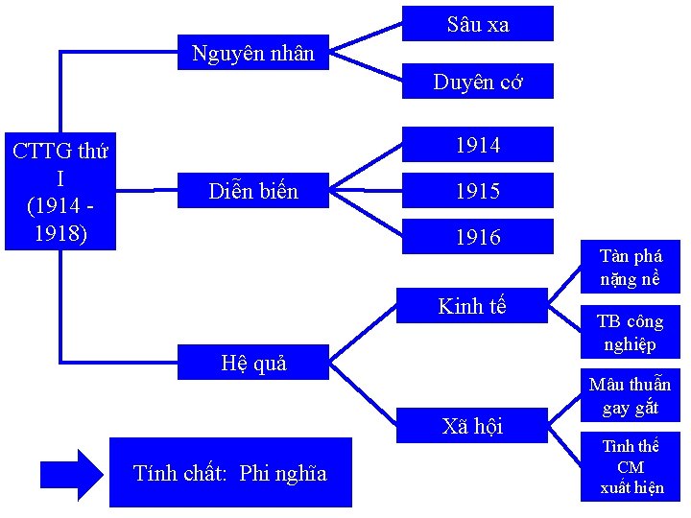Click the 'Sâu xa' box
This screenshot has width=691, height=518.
(x=477, y=24)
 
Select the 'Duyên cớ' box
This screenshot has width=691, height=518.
(x=477, y=82)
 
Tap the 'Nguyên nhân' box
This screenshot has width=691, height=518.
(x=253, y=53)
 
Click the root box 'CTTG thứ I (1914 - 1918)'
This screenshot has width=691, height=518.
(x=60, y=192)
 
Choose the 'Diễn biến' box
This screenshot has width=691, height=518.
(x=253, y=191)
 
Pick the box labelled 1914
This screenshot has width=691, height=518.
(x=477, y=145)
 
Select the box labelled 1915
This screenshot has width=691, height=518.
(x=477, y=191)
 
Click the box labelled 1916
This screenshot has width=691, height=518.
(x=477, y=236)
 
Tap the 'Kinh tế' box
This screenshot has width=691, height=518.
(x=471, y=306)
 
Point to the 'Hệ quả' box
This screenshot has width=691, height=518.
(x=253, y=363)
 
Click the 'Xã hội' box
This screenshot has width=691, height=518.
(x=471, y=426)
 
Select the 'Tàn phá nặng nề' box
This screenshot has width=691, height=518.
(x=631, y=268)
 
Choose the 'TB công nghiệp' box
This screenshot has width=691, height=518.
(x=631, y=332)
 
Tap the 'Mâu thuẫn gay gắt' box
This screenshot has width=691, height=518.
(x=631, y=395)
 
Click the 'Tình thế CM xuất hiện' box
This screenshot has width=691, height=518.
(x=631, y=467)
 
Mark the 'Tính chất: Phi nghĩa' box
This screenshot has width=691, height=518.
(x=230, y=472)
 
